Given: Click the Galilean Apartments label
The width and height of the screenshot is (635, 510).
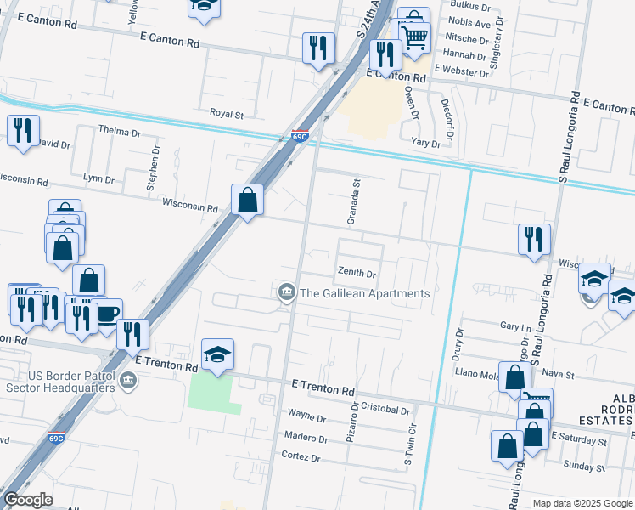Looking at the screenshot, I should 365,293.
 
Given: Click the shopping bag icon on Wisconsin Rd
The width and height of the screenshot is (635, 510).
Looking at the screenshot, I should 247,201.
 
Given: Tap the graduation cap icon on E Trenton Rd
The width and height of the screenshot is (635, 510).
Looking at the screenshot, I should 218,354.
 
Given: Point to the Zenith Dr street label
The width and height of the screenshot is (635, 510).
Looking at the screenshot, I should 357,274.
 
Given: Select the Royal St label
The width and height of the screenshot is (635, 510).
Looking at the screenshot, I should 227,113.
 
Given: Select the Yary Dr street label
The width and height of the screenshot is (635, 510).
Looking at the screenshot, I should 425,144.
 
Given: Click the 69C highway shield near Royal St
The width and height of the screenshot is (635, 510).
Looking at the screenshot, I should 299,135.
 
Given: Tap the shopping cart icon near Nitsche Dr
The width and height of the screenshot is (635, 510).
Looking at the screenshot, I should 415,37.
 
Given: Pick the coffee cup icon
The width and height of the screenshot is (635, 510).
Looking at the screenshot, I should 108,313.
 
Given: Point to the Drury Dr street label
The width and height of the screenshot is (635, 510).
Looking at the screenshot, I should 458,342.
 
